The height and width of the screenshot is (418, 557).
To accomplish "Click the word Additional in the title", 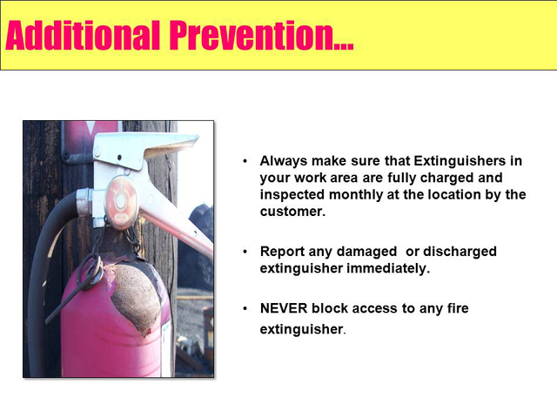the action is tap(83, 35).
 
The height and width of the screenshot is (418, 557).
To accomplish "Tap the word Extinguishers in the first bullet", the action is tap(460, 161).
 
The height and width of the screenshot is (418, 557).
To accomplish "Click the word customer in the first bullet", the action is tap(292, 212).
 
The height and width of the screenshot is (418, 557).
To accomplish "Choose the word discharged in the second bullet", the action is tap(460, 252).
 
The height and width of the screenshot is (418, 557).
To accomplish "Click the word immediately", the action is tap(388, 268).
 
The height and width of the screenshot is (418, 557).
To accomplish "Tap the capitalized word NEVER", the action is tap(284, 308).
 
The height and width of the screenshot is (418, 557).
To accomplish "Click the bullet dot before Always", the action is tap(245, 161).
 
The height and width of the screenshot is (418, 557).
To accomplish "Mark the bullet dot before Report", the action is tap(245, 252).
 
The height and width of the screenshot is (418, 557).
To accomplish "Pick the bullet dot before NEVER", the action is tap(245, 308).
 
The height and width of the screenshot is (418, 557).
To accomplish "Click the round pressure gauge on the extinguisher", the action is tap(122, 202).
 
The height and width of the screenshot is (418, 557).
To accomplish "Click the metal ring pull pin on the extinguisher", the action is tap(94, 271).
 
